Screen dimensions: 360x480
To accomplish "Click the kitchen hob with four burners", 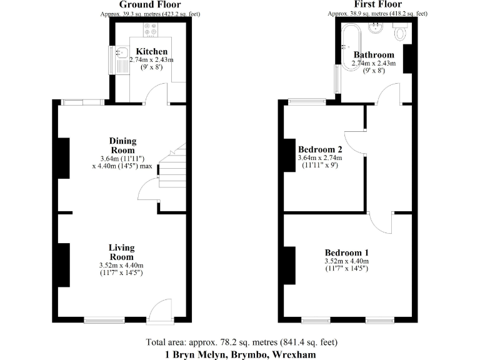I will point(151,29).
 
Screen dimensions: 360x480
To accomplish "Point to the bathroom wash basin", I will point(376,27).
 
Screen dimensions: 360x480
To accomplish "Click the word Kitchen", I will point(152,51).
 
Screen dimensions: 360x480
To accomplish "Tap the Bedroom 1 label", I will point(346,252).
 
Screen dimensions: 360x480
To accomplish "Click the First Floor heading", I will point(377,4).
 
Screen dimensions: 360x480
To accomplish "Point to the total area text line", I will point(241,342).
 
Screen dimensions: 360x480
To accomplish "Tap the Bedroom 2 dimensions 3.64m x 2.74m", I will point(320,159).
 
